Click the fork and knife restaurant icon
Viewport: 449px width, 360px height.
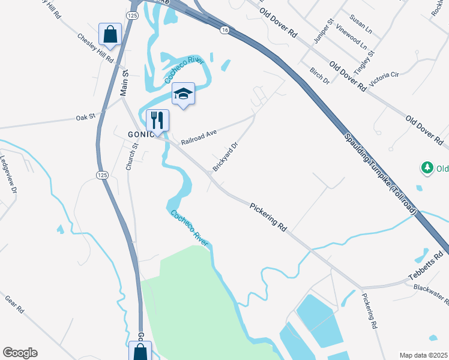[x=157, y=119]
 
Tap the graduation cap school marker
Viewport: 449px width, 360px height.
[x=184, y=93]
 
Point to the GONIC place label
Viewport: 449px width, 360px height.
[x=142, y=134]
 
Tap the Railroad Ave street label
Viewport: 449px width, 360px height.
[x=197, y=138]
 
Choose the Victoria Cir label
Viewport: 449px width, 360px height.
[x=385, y=79]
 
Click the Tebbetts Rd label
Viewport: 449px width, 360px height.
[x=429, y=263]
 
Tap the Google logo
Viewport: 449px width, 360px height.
[x=20, y=353]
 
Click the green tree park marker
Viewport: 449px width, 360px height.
[x=427, y=169]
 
